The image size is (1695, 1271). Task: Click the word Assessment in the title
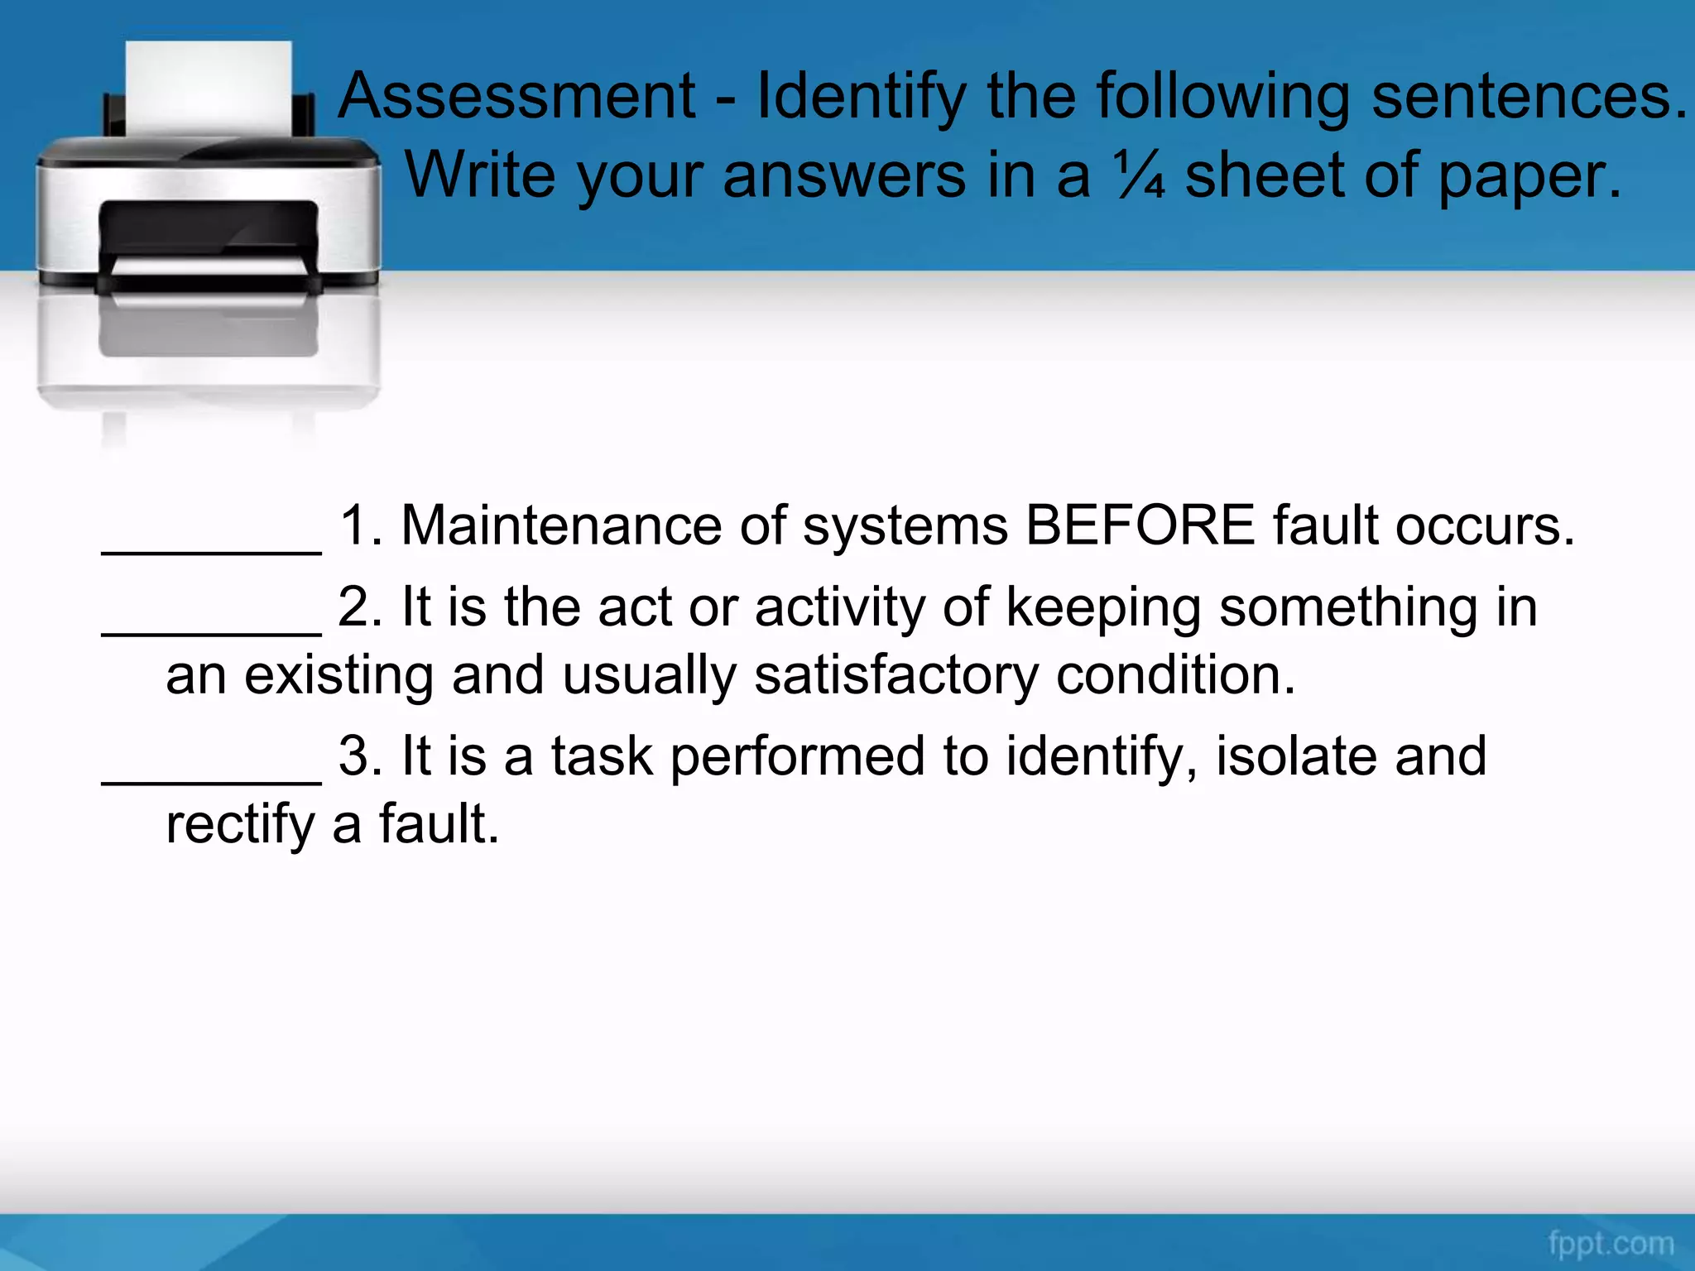517,96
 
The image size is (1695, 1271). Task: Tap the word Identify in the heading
861,98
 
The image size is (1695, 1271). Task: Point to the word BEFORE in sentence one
1140,525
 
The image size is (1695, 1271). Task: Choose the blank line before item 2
211,631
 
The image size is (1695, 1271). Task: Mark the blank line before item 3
211,780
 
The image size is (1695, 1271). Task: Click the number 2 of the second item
354,607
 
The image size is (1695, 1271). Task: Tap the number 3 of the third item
354,756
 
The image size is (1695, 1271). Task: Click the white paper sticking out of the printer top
209,87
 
